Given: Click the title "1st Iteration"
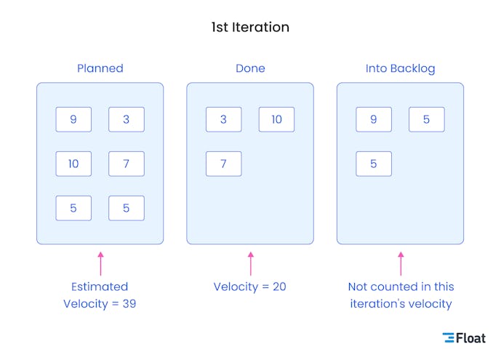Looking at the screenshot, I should click(250, 28).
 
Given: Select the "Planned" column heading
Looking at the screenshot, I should click(100, 68).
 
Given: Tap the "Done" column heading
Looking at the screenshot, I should click(250, 68).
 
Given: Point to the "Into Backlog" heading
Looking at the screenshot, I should click(400, 68).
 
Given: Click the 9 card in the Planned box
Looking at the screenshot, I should click(73, 119).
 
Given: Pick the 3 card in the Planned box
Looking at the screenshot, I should click(127, 119).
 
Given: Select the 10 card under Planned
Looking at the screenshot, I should click(73, 164).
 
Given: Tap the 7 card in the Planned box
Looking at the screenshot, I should click(127, 164).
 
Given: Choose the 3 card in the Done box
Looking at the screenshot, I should click(223, 119).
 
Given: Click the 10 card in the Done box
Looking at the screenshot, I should click(276, 119).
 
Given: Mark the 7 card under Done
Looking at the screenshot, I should click(223, 164).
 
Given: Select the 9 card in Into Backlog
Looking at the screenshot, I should click(374, 119).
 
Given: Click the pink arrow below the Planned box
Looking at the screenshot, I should click(100, 263).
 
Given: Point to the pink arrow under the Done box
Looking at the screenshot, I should click(250, 263).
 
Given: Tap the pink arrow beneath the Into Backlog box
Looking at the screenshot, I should click(400, 263).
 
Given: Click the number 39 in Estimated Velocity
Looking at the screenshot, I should click(128, 304).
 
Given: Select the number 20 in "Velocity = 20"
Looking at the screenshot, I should click(278, 287).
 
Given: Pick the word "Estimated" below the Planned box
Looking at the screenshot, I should click(100, 287).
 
